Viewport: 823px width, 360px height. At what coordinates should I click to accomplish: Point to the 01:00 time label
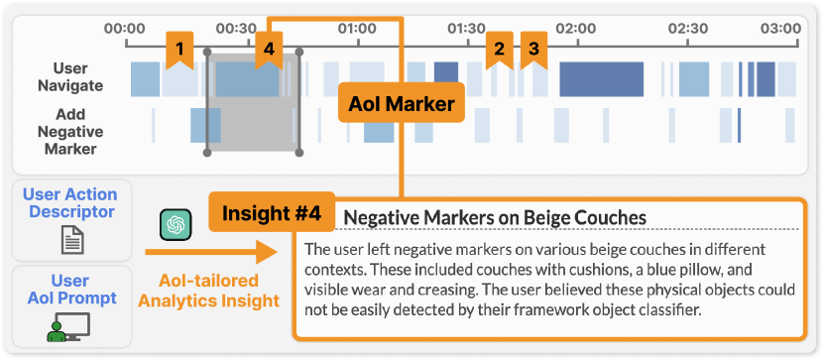[356, 28]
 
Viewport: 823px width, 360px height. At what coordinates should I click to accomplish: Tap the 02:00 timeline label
[576, 28]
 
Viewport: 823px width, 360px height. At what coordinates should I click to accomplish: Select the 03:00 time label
[781, 28]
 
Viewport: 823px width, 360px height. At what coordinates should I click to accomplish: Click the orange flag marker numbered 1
[180, 50]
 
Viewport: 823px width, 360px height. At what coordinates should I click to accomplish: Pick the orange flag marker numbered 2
[499, 50]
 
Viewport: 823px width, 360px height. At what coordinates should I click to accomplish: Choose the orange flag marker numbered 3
[533, 50]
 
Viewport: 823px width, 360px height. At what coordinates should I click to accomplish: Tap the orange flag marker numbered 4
[269, 50]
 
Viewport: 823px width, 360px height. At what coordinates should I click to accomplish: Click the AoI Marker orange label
[402, 103]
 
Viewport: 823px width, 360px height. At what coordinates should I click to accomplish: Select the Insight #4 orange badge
[272, 212]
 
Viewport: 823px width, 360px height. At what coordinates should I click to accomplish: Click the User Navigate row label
[70, 76]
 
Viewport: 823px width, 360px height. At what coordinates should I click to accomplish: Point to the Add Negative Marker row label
[70, 132]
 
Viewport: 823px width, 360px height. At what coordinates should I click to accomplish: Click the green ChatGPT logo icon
[176, 224]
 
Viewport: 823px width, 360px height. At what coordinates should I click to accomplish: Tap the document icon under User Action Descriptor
[71, 240]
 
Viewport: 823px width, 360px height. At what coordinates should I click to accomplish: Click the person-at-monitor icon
[68, 327]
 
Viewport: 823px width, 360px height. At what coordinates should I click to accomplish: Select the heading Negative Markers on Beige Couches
[495, 217]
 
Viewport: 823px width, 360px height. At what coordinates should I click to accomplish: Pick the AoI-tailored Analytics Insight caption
[208, 291]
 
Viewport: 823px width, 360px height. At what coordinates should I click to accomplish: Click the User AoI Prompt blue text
[71, 290]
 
